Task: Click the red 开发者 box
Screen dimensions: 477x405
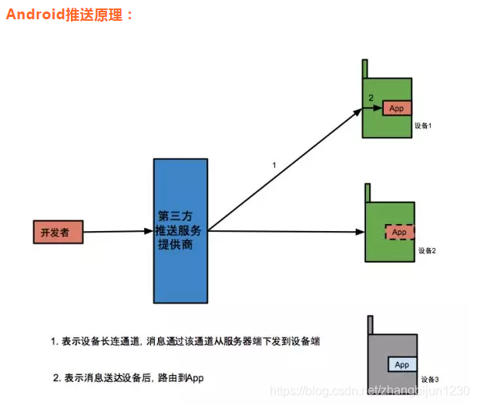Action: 57,231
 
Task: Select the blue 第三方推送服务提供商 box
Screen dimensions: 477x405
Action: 180,230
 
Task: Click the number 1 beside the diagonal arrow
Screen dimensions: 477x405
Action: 274,166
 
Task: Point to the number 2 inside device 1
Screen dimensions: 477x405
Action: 371,97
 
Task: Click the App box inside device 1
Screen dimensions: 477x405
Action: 397,109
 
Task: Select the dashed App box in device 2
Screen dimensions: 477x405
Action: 399,232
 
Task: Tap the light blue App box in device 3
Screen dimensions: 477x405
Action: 401,364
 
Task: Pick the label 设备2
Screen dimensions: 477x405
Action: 428,251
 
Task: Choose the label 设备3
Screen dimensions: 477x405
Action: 430,380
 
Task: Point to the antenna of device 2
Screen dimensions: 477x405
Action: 368,192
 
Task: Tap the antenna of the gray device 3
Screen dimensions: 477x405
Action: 371,324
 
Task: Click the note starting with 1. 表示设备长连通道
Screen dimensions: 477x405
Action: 186,340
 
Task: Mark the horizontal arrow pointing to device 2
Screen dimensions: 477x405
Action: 285,232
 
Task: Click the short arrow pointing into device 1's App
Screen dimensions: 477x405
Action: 374,109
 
